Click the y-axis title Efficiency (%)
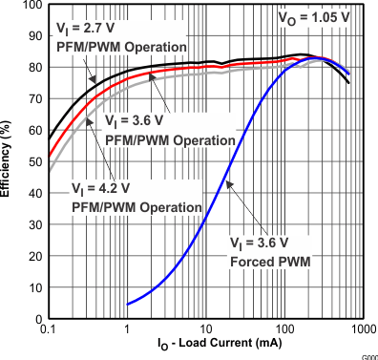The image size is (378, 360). (x=8, y=162)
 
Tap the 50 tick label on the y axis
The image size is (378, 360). (x=33, y=162)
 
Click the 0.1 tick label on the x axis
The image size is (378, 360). (x=49, y=329)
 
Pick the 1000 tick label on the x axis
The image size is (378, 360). (x=362, y=329)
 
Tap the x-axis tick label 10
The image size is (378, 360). (x=205, y=329)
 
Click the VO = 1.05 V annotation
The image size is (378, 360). (x=313, y=17)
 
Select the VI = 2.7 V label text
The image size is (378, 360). (x=87, y=30)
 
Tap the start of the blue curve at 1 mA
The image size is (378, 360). (x=128, y=304)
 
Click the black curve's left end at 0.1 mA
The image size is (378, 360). (x=50, y=138)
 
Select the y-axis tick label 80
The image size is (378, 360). (x=33, y=69)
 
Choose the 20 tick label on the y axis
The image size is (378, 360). (x=33, y=256)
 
